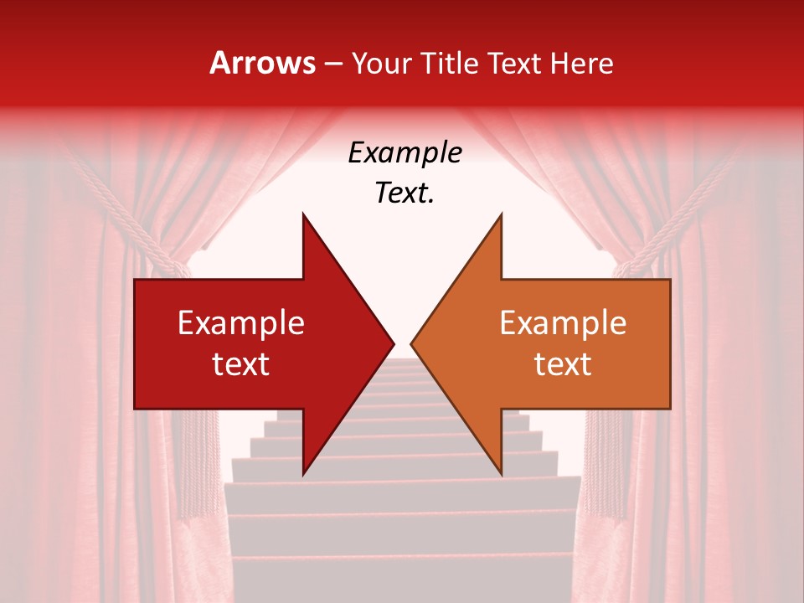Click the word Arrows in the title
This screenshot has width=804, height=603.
[262, 63]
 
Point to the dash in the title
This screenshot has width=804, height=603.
[333, 64]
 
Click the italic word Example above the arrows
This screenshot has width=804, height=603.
[405, 153]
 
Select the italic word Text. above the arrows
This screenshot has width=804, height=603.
[405, 193]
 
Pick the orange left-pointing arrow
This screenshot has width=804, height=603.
[553, 343]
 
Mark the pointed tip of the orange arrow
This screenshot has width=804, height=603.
[413, 343]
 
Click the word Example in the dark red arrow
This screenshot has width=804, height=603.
[240, 323]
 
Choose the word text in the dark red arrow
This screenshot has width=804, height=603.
[240, 364]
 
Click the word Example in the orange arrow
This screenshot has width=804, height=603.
[563, 323]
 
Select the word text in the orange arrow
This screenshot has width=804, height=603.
[563, 364]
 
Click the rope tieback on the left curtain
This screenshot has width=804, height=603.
[126, 209]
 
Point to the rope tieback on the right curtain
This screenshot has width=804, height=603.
[678, 209]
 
